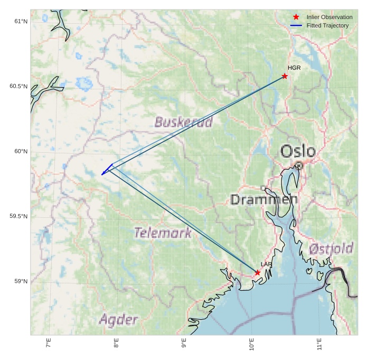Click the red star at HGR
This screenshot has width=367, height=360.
click(x=285, y=76)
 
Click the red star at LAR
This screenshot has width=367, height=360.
click(x=257, y=273)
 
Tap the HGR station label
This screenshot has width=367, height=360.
click(x=294, y=68)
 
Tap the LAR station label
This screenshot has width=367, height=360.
click(x=266, y=264)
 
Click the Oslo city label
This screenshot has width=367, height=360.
click(x=298, y=152)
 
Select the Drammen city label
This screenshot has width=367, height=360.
click(x=264, y=200)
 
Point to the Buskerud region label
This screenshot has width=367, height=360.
click(x=184, y=123)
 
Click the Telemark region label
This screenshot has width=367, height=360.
click(x=163, y=233)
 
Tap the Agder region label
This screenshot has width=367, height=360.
click(x=119, y=319)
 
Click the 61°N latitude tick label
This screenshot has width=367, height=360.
click(x=21, y=22)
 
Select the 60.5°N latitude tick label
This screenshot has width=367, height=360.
click(x=18, y=86)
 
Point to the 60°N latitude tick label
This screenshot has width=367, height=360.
click(x=21, y=152)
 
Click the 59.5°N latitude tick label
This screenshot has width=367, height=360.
click(x=18, y=217)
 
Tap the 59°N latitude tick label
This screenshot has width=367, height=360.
click(x=21, y=281)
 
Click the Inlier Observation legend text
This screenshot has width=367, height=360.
click(x=330, y=17)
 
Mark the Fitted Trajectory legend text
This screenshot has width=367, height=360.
click(x=327, y=26)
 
